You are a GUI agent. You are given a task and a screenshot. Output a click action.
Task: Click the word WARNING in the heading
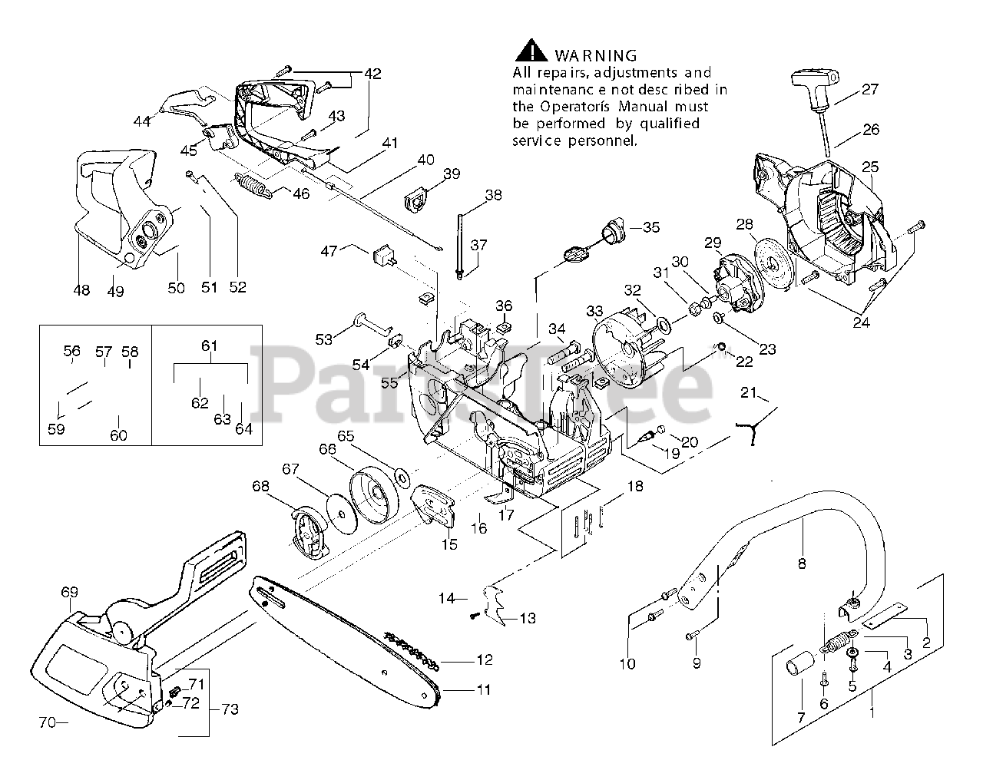tap(595, 55)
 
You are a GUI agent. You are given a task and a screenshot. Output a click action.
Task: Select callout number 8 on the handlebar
tap(802, 564)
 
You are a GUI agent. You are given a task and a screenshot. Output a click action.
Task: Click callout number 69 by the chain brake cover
tap(70, 592)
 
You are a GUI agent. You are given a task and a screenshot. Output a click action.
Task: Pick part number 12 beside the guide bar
tap(484, 659)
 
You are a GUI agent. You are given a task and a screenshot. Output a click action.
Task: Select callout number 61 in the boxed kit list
tap(210, 347)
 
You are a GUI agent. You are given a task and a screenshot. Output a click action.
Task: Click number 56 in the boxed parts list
tap(72, 352)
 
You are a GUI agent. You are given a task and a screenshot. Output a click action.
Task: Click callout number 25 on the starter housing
tap(869, 167)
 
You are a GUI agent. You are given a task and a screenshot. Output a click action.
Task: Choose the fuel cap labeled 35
tap(614, 229)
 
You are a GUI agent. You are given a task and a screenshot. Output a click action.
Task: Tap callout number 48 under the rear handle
tap(81, 290)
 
